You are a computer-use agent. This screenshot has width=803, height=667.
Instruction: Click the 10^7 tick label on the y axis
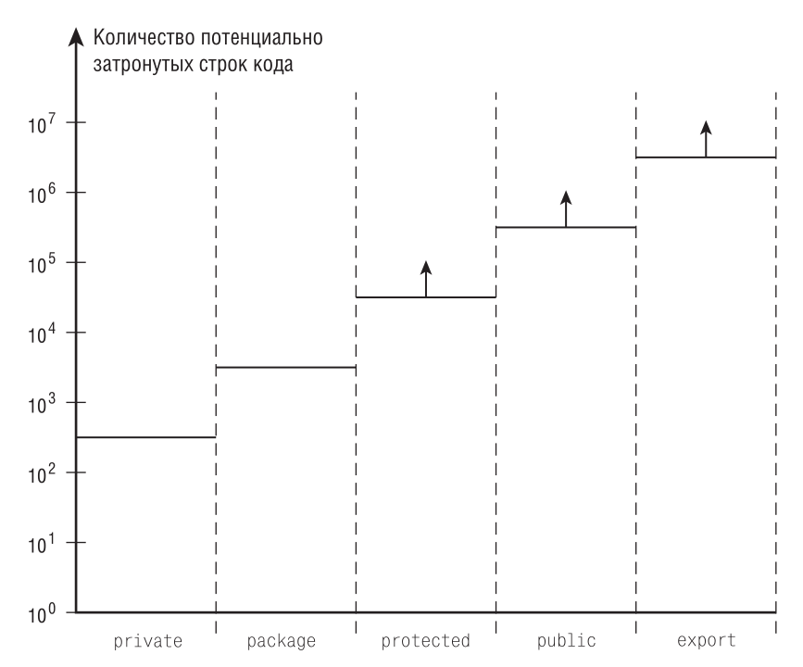click(43, 124)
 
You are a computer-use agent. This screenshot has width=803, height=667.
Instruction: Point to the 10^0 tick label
click(43, 613)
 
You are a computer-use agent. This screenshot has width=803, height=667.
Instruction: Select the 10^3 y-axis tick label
click(43, 404)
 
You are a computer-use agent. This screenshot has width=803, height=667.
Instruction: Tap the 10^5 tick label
click(43, 264)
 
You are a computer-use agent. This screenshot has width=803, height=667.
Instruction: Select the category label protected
click(425, 640)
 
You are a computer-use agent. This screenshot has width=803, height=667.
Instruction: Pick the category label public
click(566, 640)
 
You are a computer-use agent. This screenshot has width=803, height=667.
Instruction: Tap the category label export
click(706, 640)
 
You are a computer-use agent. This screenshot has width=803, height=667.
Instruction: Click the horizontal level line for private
click(145, 437)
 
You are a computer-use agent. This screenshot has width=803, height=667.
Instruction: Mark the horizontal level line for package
click(285, 368)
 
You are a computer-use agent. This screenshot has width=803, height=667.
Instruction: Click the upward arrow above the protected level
click(426, 278)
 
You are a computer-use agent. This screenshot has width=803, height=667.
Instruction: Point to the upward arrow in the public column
click(566, 208)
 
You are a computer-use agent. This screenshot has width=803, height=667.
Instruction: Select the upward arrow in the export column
click(706, 138)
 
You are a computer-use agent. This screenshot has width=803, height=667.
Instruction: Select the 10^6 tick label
click(43, 194)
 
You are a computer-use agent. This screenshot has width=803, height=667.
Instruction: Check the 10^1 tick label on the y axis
click(43, 544)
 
